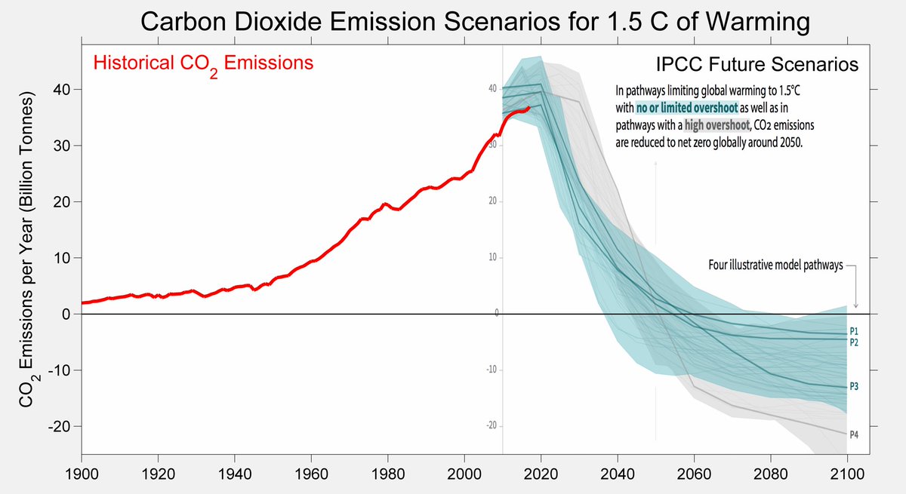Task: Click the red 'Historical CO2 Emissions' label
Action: pyautogui.click(x=202, y=64)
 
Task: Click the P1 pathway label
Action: pyautogui.click(x=854, y=331)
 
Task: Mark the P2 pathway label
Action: pyautogui.click(x=854, y=342)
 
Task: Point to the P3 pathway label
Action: pyautogui.click(x=854, y=386)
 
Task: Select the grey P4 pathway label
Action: pyautogui.click(x=854, y=435)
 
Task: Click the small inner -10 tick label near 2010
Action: pyautogui.click(x=491, y=370)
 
